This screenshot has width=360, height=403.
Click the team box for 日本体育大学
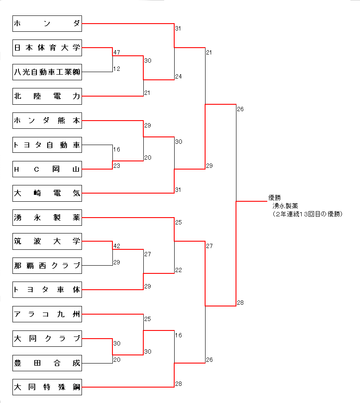pos(47,48)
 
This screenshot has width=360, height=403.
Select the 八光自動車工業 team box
pos(47,72)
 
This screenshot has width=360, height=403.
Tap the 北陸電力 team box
pos(47,97)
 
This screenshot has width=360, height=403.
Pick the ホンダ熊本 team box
pos(47,121)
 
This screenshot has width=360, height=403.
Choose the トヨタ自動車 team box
pos(47,145)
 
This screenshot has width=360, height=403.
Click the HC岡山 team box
pos(47,169)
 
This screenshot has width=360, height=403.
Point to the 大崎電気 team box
pos(47,194)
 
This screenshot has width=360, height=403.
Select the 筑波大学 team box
pos(47,242)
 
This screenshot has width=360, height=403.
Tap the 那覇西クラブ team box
pos(47,266)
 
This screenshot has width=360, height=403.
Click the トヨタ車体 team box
pos(47,290)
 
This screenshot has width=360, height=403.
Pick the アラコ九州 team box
pos(47,314)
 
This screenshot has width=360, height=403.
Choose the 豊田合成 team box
pos(47,363)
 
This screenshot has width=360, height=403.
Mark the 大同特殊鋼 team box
pos(47,388)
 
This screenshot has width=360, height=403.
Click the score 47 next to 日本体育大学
pos(117,53)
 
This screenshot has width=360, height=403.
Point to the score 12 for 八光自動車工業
pos(117,69)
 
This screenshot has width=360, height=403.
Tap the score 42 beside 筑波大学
pos(117,246)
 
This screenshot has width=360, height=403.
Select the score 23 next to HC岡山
pos(117,165)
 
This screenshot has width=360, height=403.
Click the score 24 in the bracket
pos(178,77)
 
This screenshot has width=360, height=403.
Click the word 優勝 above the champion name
pos(275,198)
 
